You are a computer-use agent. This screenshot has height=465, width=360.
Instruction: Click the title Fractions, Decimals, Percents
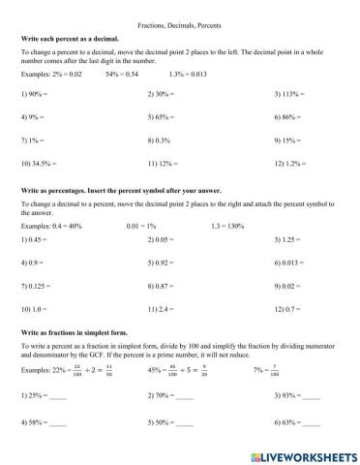coord(179,18)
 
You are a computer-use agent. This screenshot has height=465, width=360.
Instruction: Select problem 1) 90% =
coord(34,94)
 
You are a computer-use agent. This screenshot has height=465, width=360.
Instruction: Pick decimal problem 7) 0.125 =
coord(38,286)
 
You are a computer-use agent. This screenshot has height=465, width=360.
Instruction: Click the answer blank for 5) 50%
coord(184,423)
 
